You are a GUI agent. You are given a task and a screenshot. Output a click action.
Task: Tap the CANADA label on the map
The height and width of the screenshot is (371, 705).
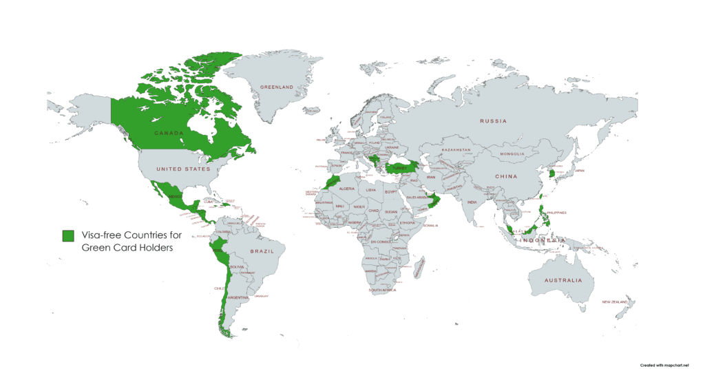pos(168,132)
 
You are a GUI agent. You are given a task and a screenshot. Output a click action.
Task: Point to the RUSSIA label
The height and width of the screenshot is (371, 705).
pos(493,121)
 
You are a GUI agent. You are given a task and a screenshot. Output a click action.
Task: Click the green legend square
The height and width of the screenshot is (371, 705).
pos(68,235)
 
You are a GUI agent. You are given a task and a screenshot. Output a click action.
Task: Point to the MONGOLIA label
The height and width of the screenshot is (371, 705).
pos(512,153)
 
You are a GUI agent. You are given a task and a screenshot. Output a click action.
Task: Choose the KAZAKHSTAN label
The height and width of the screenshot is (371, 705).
pos(456,149)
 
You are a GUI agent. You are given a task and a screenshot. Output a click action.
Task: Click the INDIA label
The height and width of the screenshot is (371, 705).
pos(472,202)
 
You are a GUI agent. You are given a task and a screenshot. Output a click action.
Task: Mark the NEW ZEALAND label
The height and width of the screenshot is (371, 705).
pos(616,302)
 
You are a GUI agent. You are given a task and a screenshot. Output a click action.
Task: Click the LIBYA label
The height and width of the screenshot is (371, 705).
pos(371,189)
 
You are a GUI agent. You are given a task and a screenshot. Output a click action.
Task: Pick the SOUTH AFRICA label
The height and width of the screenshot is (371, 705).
pos(383,290)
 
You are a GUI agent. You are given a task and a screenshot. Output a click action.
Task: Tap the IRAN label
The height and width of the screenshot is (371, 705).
pos(432,177)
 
